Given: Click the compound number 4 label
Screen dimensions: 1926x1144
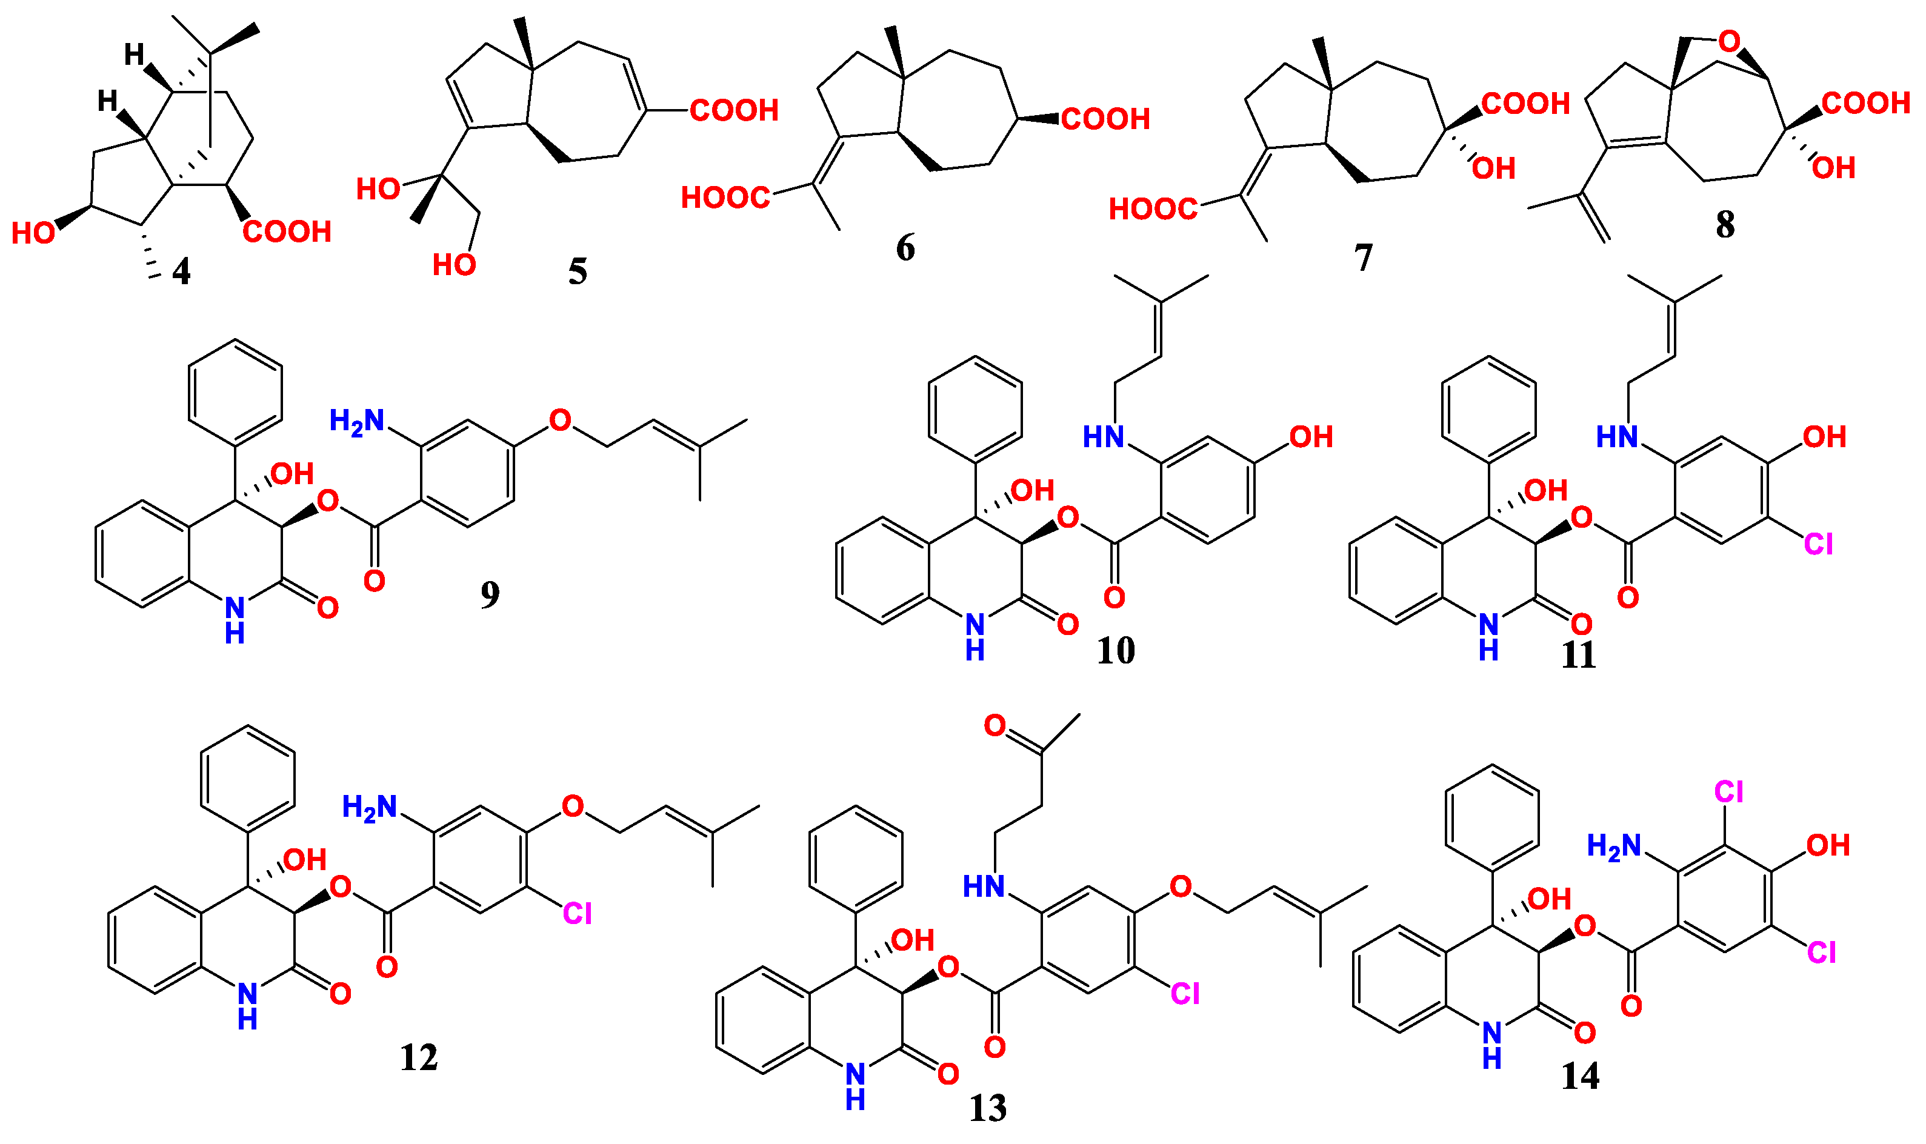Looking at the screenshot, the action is (x=181, y=272).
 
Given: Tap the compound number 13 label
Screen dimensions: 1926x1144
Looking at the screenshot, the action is (x=988, y=1108).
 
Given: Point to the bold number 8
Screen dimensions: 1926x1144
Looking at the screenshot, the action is (x=1725, y=225).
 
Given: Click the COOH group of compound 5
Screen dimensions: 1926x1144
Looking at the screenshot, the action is (x=733, y=110).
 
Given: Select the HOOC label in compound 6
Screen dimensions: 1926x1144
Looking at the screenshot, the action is (x=725, y=198).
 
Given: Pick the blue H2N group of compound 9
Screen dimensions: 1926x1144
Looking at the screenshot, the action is (x=356, y=421).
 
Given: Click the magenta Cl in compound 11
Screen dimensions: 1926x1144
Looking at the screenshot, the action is (x=1818, y=545).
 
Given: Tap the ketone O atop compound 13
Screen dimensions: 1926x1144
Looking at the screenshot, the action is (x=995, y=725).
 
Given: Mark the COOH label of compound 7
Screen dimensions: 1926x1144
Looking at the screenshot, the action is (x=1525, y=103).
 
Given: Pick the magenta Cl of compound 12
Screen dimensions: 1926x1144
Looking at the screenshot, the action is (x=577, y=914).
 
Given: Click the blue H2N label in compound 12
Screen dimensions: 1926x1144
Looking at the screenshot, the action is (x=369, y=807).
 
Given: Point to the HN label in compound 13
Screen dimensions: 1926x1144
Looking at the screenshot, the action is (x=984, y=887).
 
